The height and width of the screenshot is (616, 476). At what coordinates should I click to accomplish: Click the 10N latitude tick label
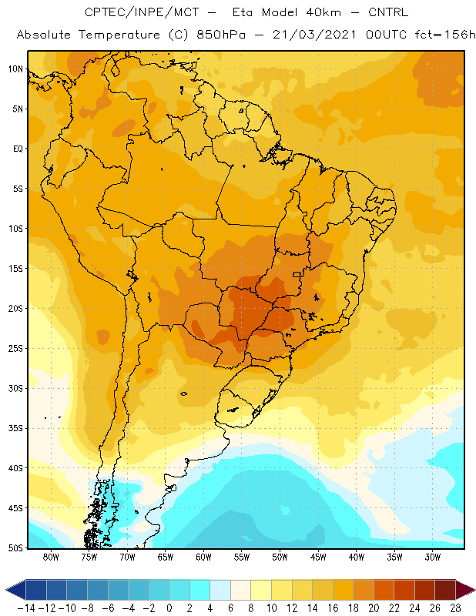tap(15, 69)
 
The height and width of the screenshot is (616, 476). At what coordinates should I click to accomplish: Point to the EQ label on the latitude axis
tap(18, 149)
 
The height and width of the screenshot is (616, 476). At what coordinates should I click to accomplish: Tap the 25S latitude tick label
tap(15, 349)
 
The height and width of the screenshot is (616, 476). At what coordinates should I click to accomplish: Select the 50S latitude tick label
tap(15, 548)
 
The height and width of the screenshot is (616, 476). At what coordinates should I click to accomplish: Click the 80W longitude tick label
tap(51, 557)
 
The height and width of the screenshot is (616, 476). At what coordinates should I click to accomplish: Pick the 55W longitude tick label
tap(242, 557)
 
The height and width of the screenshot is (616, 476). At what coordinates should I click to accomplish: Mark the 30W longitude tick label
tap(433, 557)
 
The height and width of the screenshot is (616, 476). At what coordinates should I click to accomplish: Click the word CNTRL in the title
tap(388, 12)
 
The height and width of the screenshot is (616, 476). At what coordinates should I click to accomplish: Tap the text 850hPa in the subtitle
tap(221, 35)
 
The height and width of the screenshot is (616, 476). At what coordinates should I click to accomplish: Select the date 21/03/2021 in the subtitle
tap(314, 35)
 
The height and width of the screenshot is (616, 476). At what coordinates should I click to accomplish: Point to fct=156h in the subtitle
tap(445, 35)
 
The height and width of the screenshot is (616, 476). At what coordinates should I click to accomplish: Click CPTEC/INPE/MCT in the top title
tap(142, 12)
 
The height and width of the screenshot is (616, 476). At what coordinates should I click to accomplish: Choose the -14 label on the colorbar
tap(27, 608)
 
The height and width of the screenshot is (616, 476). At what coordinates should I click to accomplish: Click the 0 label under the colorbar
tap(169, 608)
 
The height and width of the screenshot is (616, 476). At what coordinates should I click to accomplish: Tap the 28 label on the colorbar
tap(455, 608)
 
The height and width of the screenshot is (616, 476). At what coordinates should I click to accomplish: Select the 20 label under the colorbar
tap(374, 608)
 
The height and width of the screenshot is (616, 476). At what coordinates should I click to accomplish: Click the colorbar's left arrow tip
tap(5, 590)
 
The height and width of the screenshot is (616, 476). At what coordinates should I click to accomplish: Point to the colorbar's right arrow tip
tap(475, 590)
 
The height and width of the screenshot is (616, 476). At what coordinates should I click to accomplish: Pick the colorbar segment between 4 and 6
tap(220, 590)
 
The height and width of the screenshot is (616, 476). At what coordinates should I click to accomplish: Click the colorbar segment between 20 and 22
tap(384, 590)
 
